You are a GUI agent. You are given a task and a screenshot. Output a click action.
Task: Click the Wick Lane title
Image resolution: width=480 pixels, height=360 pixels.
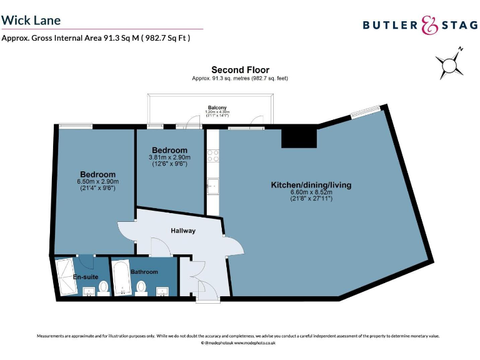pyautogui.click(x=31, y=20)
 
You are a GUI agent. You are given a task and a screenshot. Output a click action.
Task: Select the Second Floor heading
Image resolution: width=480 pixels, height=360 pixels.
pyautogui.click(x=240, y=69)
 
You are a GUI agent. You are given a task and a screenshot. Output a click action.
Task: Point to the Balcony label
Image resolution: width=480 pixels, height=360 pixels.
pyautogui.click(x=217, y=108)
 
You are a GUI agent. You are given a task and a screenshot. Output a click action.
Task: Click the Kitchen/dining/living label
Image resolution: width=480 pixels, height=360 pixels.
pyautogui.click(x=311, y=185)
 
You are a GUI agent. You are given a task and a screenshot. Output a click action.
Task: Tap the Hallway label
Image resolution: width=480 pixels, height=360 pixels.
pyautogui.click(x=183, y=231)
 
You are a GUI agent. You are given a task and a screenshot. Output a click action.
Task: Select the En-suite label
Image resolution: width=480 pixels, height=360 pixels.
pyautogui.click(x=84, y=277)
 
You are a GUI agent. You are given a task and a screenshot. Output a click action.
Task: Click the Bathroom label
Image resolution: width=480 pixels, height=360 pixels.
pyautogui.click(x=144, y=272)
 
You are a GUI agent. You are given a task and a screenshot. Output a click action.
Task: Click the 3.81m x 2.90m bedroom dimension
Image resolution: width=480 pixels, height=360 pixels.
pyautogui.click(x=169, y=157)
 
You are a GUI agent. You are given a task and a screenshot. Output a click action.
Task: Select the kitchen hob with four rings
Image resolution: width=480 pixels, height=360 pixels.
pyautogui.click(x=213, y=155)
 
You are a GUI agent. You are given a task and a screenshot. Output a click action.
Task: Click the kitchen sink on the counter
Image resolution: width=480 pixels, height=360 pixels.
pyautogui.click(x=213, y=185)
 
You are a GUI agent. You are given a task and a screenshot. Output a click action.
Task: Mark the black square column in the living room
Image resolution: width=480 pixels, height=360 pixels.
pyautogui.click(x=298, y=137)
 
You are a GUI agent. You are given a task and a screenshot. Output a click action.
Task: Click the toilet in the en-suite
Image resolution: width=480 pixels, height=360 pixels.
pyautogui.click(x=103, y=287)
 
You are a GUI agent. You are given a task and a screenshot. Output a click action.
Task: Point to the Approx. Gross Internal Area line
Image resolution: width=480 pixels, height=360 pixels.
pyautogui.click(x=96, y=38)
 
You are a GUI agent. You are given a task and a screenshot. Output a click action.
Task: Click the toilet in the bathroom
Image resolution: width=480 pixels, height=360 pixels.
pyautogui.click(x=142, y=287)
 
